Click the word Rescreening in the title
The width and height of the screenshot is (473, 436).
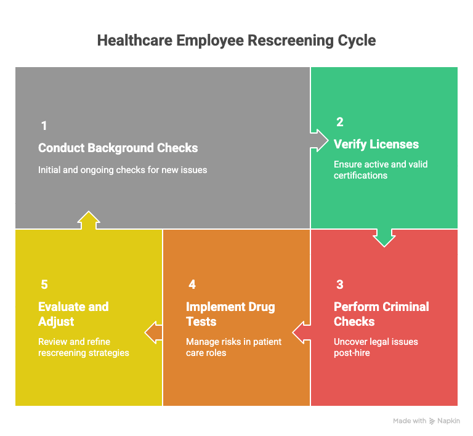[x=291, y=41]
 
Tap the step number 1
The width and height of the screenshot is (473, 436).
[x=44, y=126]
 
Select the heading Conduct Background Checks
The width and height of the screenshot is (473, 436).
[x=118, y=148]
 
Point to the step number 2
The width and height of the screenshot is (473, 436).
[x=340, y=122]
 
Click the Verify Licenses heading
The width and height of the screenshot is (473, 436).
[x=376, y=144]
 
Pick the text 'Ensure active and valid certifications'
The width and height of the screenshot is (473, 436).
[x=381, y=170]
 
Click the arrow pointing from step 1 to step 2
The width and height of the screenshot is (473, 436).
[x=319, y=140]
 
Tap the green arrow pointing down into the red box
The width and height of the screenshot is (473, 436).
[x=384, y=238]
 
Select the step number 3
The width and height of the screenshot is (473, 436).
[x=340, y=285]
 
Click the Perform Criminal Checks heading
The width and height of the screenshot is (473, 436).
[x=381, y=314]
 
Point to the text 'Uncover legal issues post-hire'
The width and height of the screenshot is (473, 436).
[x=376, y=347]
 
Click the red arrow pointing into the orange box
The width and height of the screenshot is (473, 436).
[x=301, y=333]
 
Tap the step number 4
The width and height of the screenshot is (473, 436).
[x=192, y=285]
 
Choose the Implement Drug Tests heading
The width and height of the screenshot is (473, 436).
[x=230, y=314]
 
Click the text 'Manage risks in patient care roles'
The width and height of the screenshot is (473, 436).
[x=233, y=347]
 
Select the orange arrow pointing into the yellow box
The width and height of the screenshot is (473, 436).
[x=153, y=333]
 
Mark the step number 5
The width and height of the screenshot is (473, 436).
[x=44, y=285]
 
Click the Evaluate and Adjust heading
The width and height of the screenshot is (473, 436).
[x=73, y=314]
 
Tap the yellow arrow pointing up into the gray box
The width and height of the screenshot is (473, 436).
[x=89, y=220]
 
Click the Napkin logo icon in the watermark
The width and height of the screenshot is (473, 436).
[x=432, y=421]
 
